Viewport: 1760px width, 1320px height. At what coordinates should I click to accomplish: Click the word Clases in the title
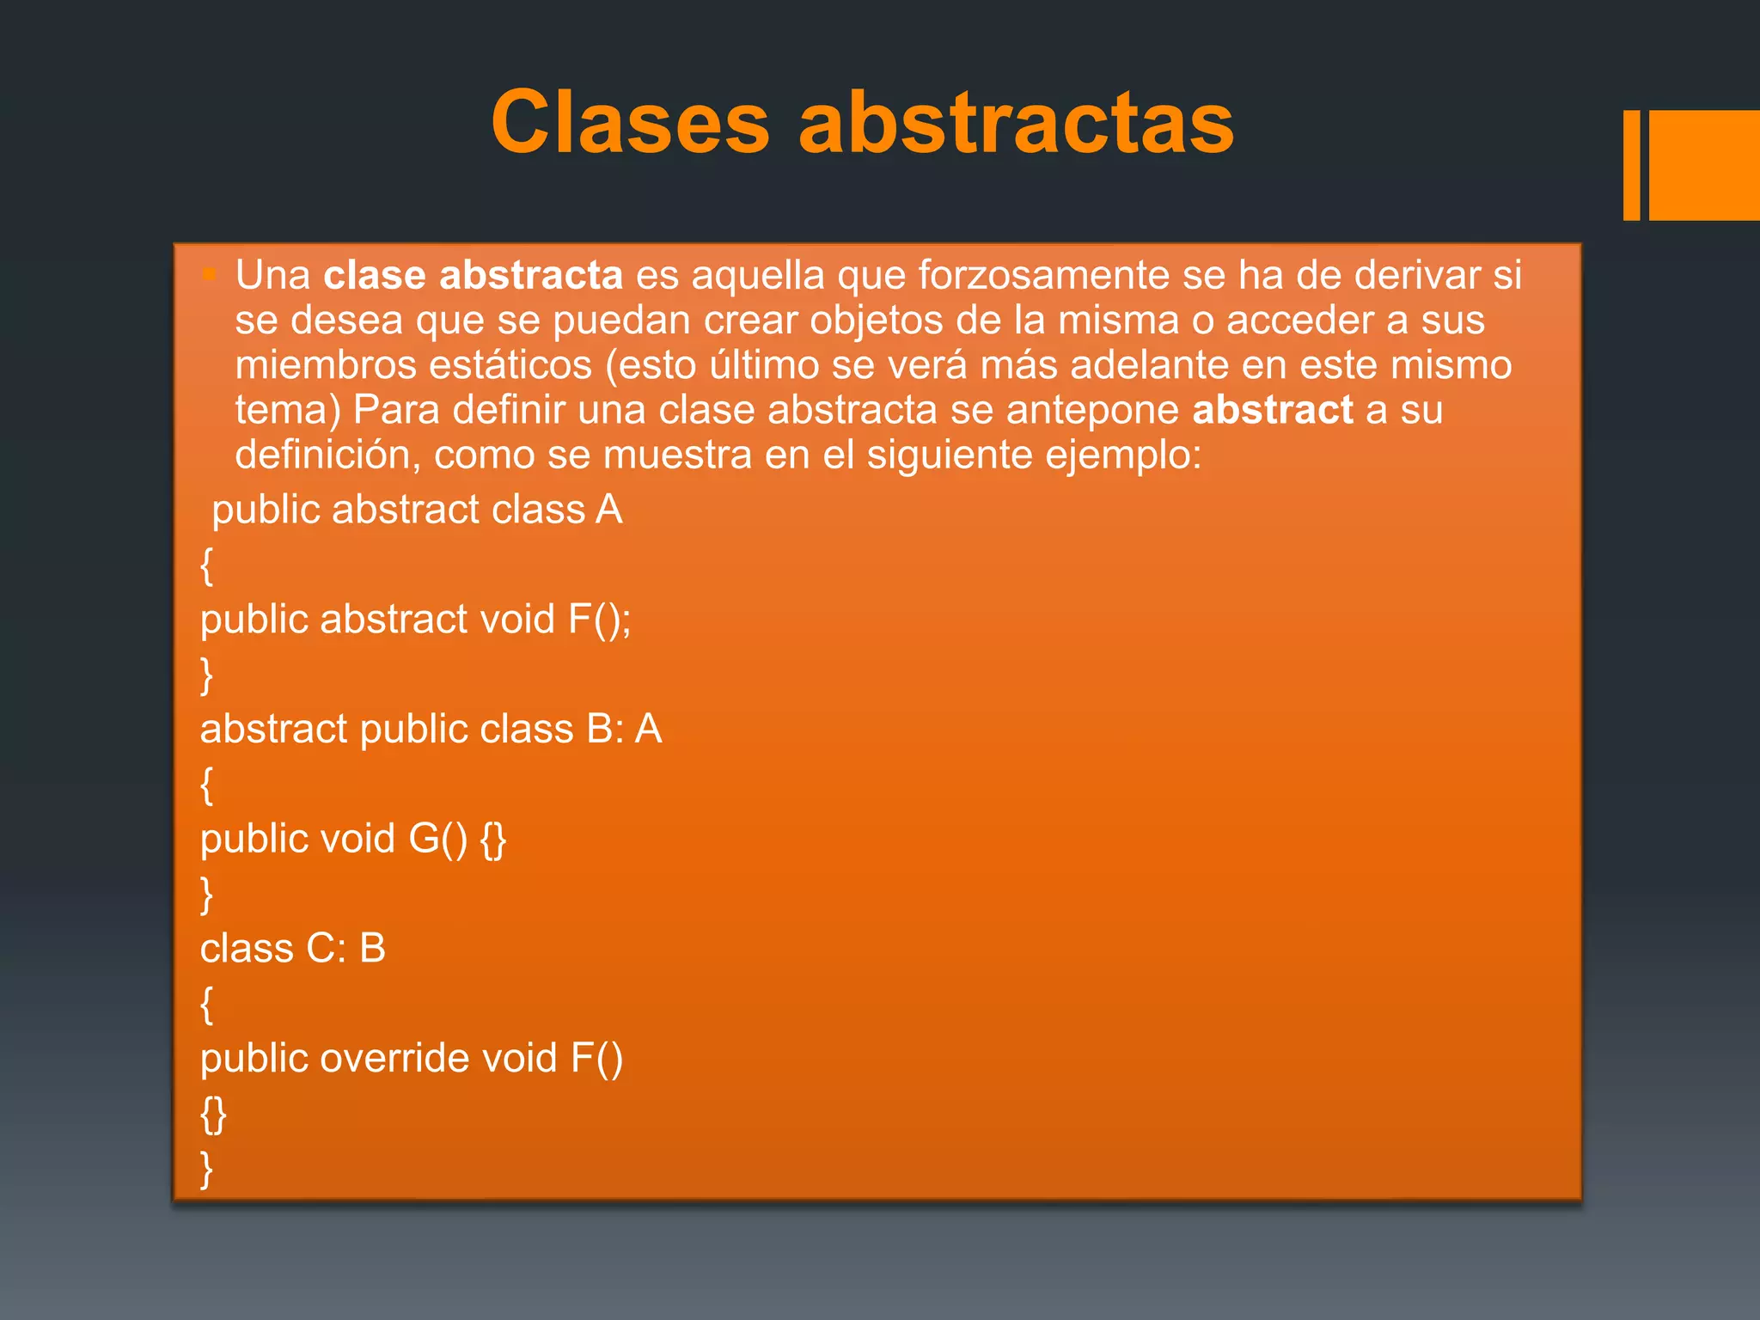click(630, 123)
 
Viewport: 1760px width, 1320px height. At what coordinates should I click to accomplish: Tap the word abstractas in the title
click(1016, 123)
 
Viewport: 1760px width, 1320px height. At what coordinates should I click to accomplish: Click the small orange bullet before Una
click(209, 275)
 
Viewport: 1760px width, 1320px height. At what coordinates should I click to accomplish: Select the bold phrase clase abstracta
click(473, 275)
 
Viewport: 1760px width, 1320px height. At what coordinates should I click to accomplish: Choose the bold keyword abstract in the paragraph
click(1273, 409)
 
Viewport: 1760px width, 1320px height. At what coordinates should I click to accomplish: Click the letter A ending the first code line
click(609, 510)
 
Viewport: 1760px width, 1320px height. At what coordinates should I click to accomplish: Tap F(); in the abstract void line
click(599, 620)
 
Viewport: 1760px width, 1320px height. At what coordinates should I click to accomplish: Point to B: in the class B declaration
click(605, 729)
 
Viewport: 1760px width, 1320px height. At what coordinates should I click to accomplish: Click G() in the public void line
click(438, 839)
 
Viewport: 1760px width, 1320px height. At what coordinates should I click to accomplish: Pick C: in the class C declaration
click(326, 949)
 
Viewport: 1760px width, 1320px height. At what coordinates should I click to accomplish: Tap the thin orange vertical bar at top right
click(1631, 165)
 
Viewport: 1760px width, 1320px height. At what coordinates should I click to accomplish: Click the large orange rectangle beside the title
click(1704, 165)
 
